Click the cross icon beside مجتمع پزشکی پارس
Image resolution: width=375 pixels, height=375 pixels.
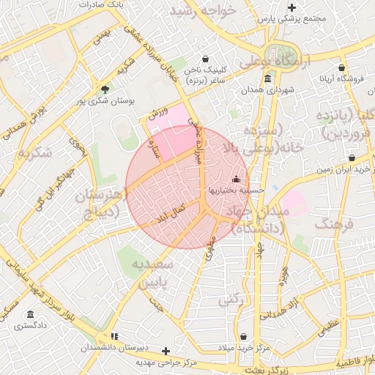coord(292,7)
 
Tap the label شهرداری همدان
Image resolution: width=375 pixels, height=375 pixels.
coord(267,91)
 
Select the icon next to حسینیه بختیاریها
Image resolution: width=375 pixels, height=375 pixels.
coord(236,179)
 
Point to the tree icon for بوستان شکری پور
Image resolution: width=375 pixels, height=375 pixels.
coord(105,89)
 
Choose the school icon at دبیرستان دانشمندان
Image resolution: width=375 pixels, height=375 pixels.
coord(114,336)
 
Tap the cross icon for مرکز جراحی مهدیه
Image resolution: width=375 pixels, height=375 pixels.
coord(166,352)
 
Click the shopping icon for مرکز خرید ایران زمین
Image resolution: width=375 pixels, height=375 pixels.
coord(352,157)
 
